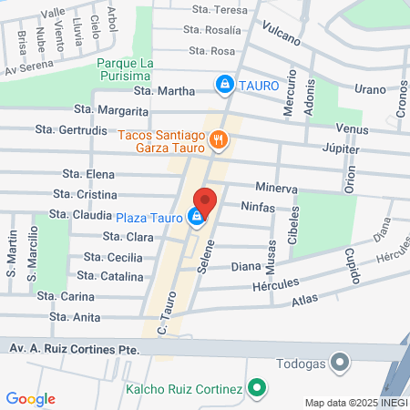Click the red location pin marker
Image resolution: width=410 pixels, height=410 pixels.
pyautogui.click(x=206, y=203)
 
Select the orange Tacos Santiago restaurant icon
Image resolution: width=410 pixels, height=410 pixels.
pyautogui.click(x=219, y=140)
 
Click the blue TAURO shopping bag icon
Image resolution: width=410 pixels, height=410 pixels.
pyautogui.click(x=223, y=85)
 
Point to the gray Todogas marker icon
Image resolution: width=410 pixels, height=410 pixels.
pyautogui.click(x=341, y=363)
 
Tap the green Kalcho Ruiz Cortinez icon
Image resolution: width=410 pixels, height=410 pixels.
pyautogui.click(x=258, y=389)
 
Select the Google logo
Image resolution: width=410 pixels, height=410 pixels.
pyautogui.click(x=30, y=399)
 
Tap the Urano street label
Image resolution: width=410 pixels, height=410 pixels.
pyautogui.click(x=370, y=88)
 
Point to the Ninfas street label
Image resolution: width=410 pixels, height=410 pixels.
pyautogui.click(x=257, y=207)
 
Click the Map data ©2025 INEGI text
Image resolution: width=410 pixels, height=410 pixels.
pyautogui.click(x=354, y=403)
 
